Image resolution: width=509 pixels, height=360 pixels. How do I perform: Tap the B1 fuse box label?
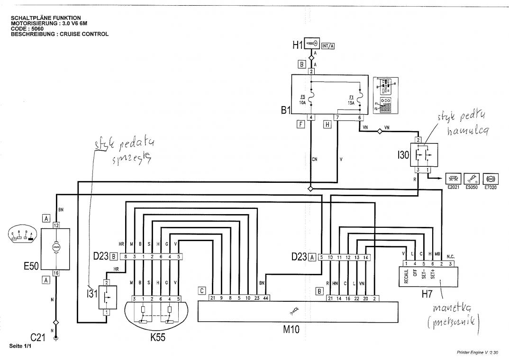285,111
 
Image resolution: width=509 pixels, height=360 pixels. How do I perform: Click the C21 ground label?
38,337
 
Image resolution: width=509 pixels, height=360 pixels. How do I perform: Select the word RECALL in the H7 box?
406,276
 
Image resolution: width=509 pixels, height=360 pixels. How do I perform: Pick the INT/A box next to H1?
327,46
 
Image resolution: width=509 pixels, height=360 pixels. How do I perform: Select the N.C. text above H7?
450,254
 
